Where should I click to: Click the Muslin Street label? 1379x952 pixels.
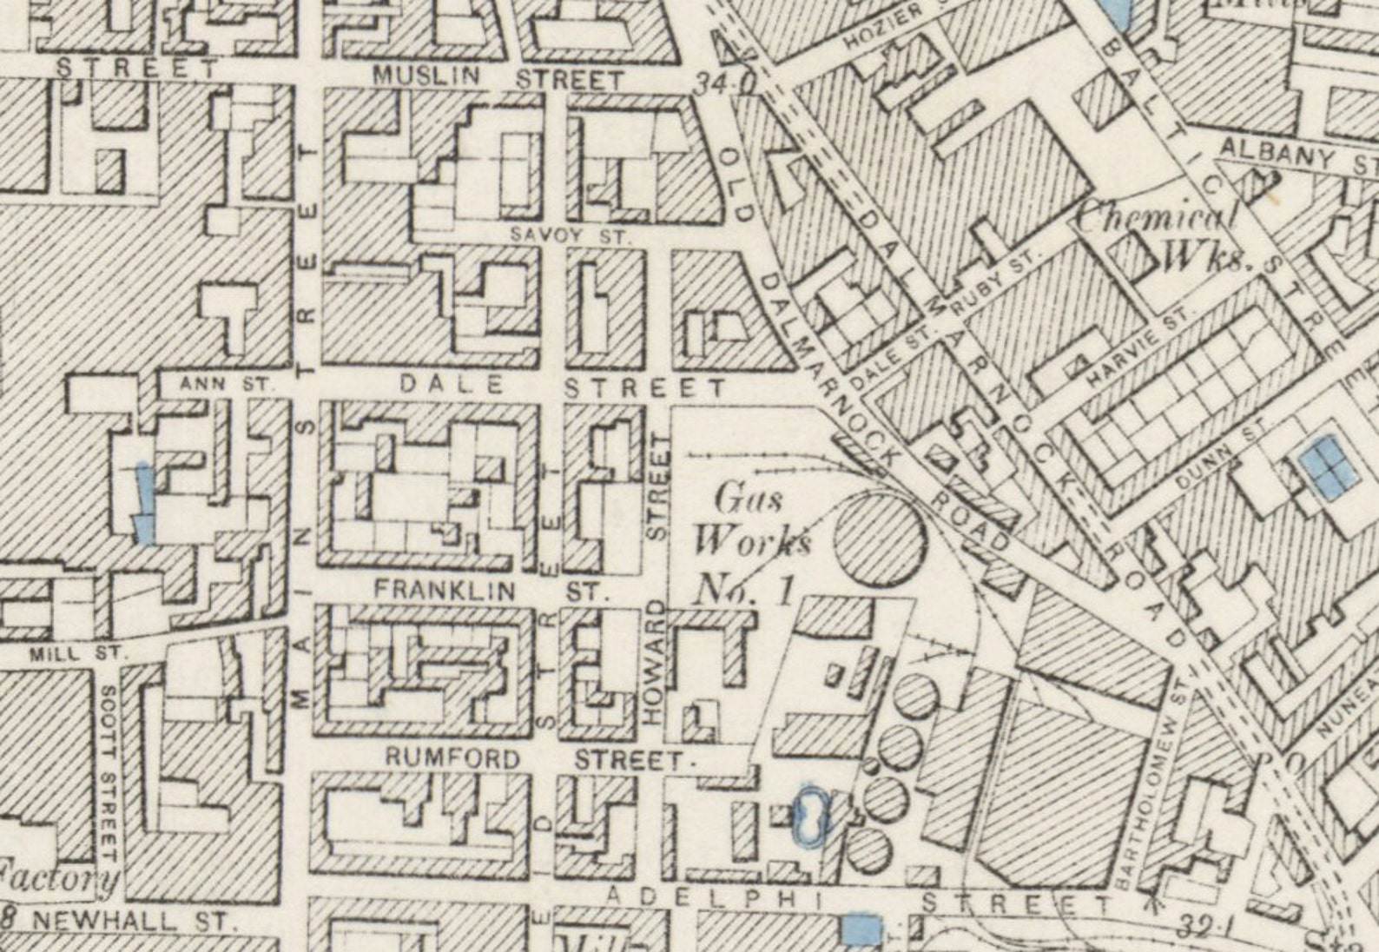click(498, 78)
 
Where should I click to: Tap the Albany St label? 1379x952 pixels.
click(1294, 156)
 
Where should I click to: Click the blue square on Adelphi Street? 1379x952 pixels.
click(862, 928)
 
